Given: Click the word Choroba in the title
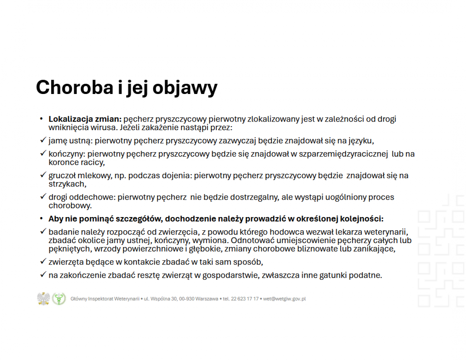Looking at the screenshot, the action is [x=75, y=87].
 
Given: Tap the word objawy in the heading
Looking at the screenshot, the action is [x=185, y=88].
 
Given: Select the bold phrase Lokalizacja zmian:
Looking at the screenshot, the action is [x=85, y=119].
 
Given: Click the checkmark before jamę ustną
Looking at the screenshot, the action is [x=43, y=140].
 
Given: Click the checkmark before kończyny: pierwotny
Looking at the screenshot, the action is [x=43, y=153].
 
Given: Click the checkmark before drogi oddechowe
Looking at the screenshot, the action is [x=43, y=197].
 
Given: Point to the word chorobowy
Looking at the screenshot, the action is [x=70, y=206].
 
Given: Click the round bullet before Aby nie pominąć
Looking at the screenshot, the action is [x=42, y=219].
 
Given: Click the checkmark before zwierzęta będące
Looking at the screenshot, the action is [x=43, y=261].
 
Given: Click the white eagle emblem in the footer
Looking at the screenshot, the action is [x=43, y=299].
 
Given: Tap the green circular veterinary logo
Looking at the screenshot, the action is [x=59, y=299].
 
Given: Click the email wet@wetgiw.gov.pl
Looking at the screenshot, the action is [x=284, y=299].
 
